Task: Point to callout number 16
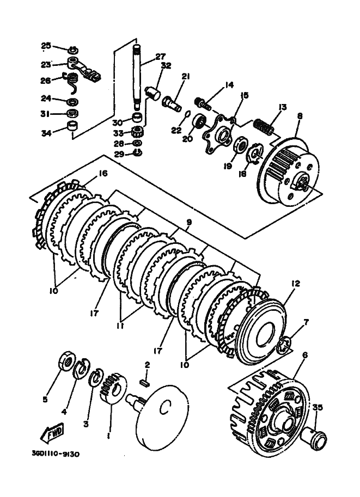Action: pyautogui.click(x=102, y=174)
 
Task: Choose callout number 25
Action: pyautogui.click(x=46, y=45)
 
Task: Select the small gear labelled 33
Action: pyautogui.click(x=137, y=131)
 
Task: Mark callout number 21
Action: pyautogui.click(x=185, y=77)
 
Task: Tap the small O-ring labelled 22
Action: pyautogui.click(x=187, y=114)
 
